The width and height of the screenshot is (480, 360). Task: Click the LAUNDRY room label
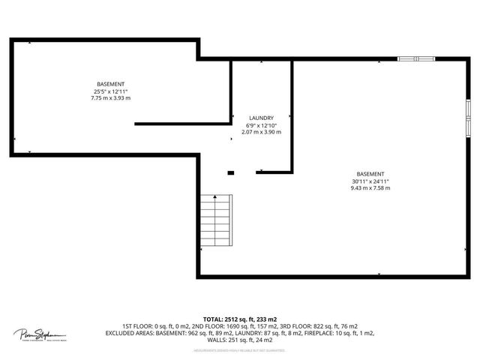(x=261, y=118)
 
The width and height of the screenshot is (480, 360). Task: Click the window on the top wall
(x=415, y=58)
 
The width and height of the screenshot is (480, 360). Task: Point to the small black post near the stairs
(x=231, y=173)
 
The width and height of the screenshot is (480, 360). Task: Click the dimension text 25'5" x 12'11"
(x=110, y=91)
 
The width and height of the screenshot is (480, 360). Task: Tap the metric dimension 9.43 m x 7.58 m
(x=370, y=187)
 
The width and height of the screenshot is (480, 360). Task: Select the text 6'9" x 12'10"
(x=261, y=124)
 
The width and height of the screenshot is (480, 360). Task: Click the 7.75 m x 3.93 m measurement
(x=110, y=97)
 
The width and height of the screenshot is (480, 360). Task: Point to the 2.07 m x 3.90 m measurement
(x=261, y=132)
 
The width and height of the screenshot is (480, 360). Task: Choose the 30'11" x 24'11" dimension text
(x=370, y=181)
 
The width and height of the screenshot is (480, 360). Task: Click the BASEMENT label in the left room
(x=110, y=83)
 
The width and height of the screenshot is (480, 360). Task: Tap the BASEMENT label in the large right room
(x=370, y=173)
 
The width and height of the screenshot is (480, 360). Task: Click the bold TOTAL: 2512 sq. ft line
(x=240, y=319)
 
